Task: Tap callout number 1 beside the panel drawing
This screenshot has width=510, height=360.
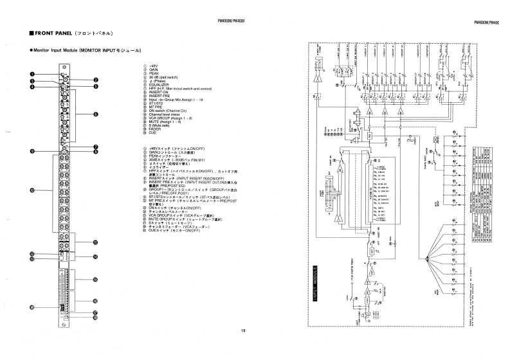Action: (32, 74)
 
